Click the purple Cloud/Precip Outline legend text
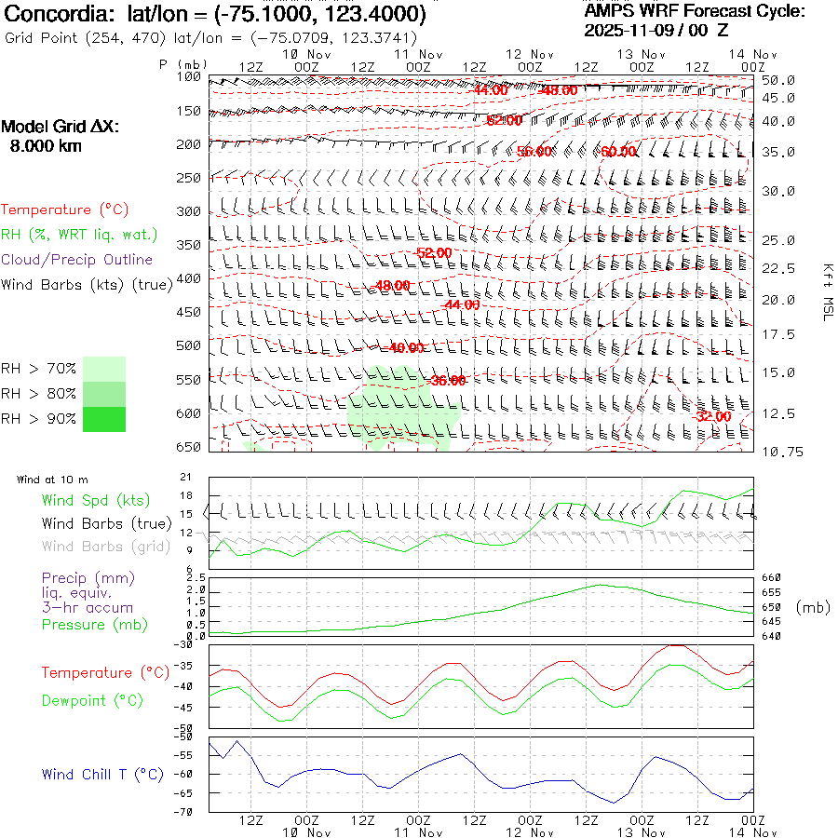pyautogui.click(x=76, y=260)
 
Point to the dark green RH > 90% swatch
pyautogui.click(x=104, y=419)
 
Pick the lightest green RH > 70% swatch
pyautogui.click(x=104, y=369)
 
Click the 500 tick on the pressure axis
pyautogui.click(x=189, y=345)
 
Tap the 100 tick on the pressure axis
pyautogui.click(x=189, y=77)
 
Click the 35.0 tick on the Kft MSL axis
pyautogui.click(x=777, y=152)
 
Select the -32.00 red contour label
pyautogui.click(x=712, y=416)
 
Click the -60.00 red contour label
pyautogui.click(x=618, y=152)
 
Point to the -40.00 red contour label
pyautogui.click(x=407, y=348)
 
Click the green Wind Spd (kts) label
pyautogui.click(x=96, y=501)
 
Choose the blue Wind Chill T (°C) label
pyautogui.click(x=102, y=774)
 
